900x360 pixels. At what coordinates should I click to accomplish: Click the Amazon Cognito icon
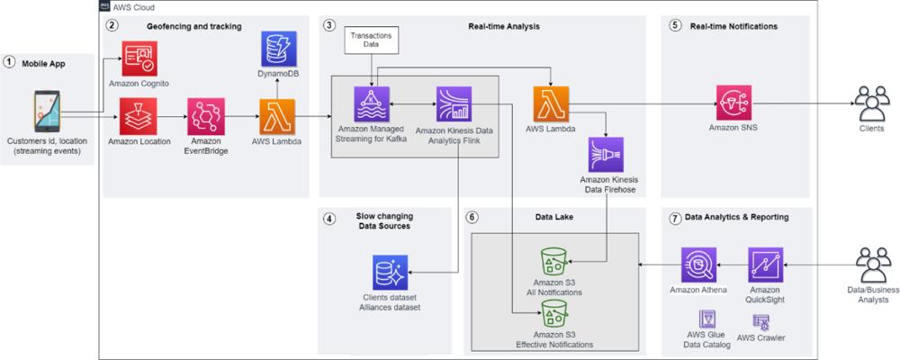[139, 58]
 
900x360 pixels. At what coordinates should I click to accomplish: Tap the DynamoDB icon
[279, 49]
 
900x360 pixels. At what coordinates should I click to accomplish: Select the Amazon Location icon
[138, 116]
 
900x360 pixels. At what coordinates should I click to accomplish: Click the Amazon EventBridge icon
[206, 116]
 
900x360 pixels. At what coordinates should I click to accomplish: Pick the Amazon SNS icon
[734, 103]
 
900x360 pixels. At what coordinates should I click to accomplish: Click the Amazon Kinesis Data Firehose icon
[606, 155]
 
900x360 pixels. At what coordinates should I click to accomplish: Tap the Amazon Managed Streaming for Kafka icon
[372, 103]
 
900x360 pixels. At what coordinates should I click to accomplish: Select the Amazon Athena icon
[699, 265]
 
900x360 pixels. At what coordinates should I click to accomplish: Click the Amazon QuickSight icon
[766, 265]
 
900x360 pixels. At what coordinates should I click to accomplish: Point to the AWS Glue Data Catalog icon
[707, 319]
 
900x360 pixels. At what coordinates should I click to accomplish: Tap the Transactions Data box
[372, 40]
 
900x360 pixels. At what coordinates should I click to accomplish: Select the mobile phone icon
[47, 111]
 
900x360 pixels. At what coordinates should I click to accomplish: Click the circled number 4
[328, 218]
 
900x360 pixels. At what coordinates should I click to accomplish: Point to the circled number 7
[674, 218]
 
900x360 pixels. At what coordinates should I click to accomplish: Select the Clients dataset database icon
[390, 272]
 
